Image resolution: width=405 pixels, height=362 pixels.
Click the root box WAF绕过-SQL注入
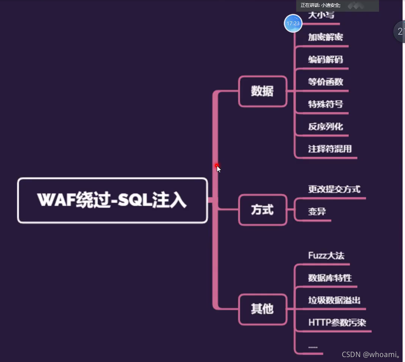click(x=112, y=200)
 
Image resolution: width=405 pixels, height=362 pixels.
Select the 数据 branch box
click(x=263, y=91)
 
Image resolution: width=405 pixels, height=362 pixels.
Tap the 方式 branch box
click(x=263, y=210)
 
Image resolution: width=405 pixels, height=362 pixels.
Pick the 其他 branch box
click(x=263, y=309)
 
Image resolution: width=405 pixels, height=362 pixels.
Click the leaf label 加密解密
click(x=326, y=37)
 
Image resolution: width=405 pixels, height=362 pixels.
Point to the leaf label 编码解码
click(x=326, y=59)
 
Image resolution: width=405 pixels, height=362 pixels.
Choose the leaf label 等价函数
click(x=326, y=82)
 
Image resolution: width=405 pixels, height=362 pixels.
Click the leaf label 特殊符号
click(x=326, y=104)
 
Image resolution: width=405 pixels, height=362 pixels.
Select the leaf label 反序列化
click(x=326, y=126)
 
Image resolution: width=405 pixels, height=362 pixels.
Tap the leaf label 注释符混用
click(x=330, y=149)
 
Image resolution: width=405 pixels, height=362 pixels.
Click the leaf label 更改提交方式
click(x=334, y=189)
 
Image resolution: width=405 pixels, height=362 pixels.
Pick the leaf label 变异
click(x=317, y=211)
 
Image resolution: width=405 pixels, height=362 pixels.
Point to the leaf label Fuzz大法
click(x=326, y=256)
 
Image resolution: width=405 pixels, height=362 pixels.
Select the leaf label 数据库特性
click(x=330, y=278)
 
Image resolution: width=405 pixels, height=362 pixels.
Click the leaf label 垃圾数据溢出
click(x=334, y=300)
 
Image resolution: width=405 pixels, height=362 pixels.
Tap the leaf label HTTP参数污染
click(x=337, y=322)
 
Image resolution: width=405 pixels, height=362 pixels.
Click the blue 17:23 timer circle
click(x=293, y=23)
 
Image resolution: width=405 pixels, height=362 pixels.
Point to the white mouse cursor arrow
click(x=219, y=169)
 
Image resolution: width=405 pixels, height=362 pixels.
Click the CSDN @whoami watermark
click(x=371, y=354)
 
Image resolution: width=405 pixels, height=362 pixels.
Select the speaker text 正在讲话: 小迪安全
click(x=321, y=5)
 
